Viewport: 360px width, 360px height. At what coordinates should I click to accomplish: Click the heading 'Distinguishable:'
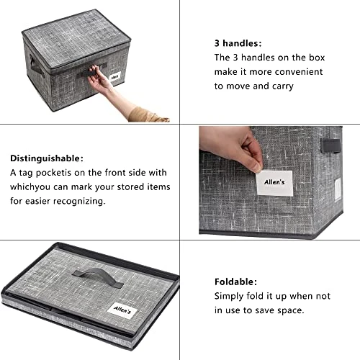point(46,158)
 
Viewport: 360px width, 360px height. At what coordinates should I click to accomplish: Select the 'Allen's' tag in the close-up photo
point(274,181)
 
